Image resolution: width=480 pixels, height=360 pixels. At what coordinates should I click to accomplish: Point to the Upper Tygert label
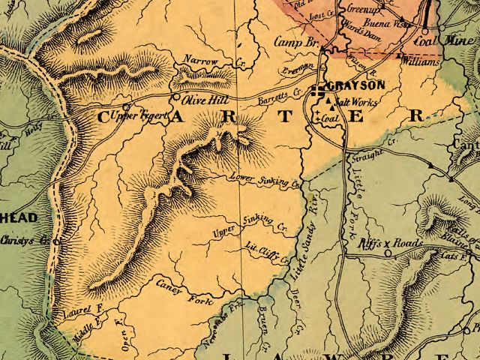coord(136,116)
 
